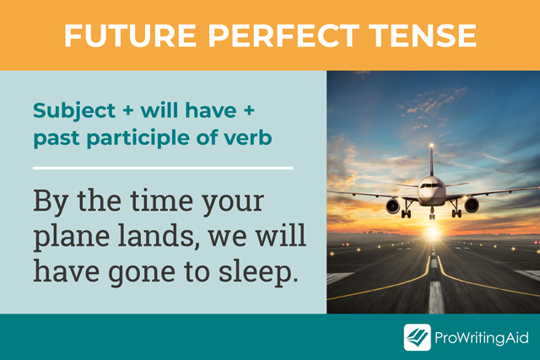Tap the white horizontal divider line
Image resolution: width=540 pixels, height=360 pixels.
[x=163, y=168]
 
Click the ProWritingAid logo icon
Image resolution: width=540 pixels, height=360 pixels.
[x=417, y=337]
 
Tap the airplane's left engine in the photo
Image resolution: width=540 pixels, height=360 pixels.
[x=393, y=205]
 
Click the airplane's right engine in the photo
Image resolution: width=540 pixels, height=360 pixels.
[x=471, y=205]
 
